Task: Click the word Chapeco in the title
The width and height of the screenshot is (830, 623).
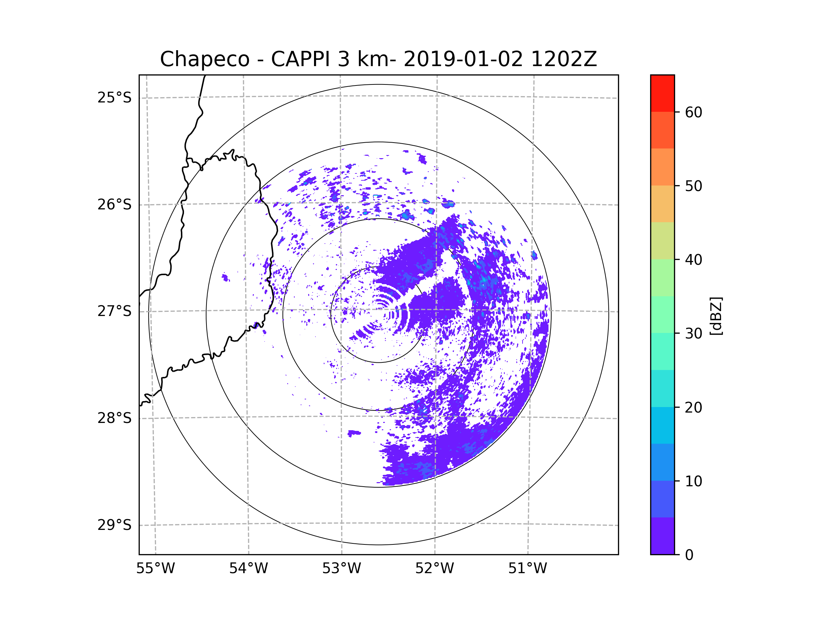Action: click(204, 59)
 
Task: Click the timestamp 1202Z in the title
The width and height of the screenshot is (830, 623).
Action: click(564, 59)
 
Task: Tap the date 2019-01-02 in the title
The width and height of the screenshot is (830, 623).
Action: click(463, 59)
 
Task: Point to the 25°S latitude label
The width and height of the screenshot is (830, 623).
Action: click(114, 98)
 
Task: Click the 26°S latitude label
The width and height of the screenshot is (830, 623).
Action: click(114, 205)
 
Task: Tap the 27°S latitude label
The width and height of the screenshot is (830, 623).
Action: click(114, 311)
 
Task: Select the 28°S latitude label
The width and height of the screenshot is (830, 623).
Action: click(114, 418)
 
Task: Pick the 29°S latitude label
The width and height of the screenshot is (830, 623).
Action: click(114, 525)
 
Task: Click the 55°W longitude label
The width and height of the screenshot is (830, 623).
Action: click(155, 569)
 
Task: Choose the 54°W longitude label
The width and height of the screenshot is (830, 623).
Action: click(248, 569)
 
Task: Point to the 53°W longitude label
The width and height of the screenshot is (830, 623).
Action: click(341, 569)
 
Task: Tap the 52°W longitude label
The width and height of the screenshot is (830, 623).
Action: click(434, 569)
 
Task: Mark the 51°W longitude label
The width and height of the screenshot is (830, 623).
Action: click(527, 569)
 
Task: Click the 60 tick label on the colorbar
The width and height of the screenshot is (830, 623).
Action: click(693, 112)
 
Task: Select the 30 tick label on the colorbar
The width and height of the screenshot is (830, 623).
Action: click(693, 333)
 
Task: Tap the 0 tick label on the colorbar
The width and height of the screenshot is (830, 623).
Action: click(689, 555)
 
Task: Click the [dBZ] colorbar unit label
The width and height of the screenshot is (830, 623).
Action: click(716, 316)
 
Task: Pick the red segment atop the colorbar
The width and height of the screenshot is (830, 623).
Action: click(662, 93)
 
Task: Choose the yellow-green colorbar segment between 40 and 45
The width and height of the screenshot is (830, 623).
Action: click(662, 241)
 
